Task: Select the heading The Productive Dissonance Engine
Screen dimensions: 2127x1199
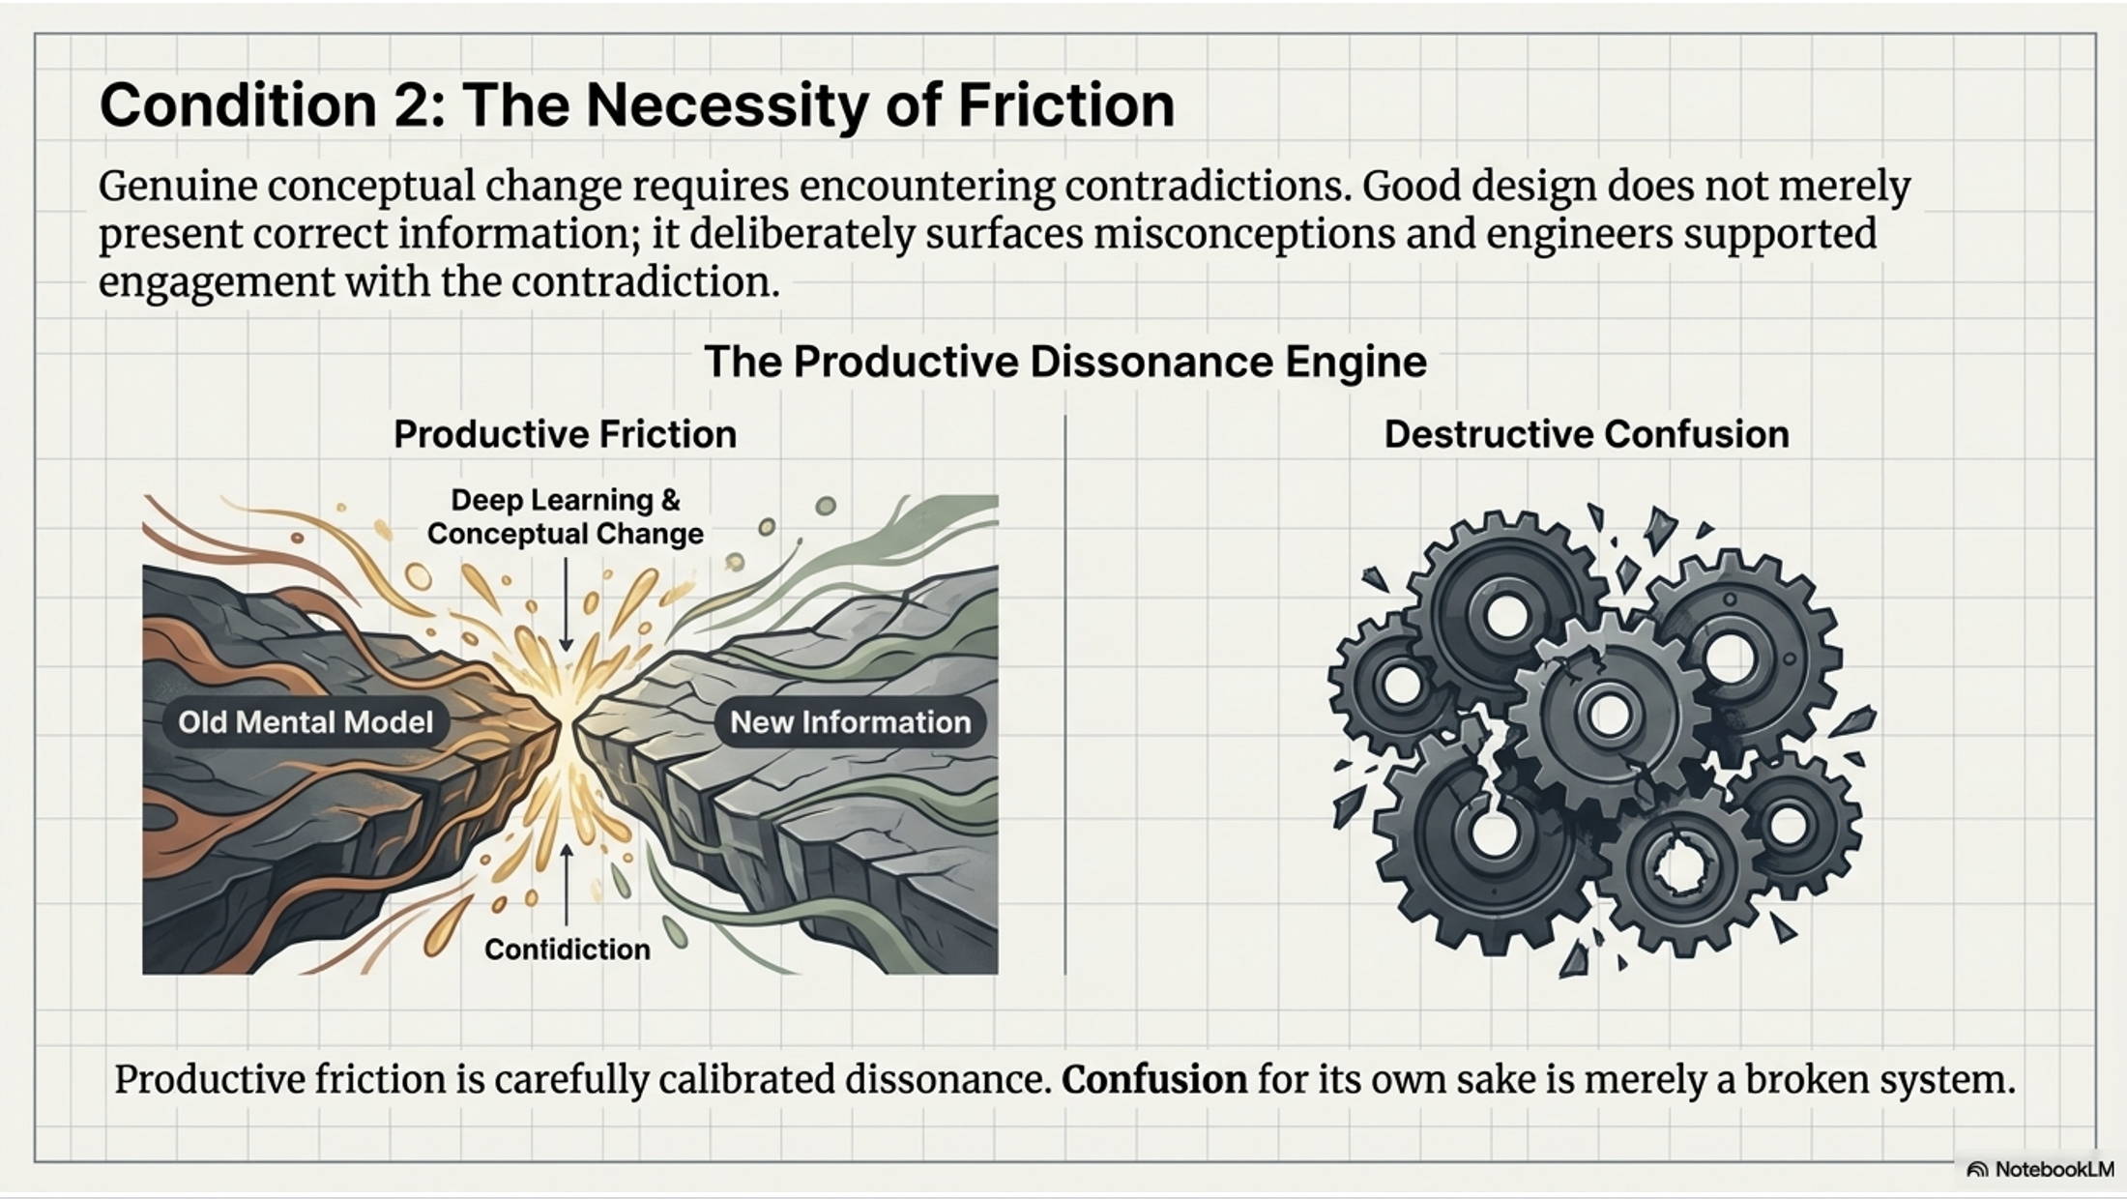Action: click(x=1064, y=362)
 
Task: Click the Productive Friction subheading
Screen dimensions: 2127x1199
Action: click(x=565, y=434)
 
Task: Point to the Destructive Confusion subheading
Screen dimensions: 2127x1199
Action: click(x=1586, y=434)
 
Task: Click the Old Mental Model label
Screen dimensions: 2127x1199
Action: click(x=306, y=722)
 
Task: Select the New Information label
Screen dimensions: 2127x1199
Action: click(x=850, y=722)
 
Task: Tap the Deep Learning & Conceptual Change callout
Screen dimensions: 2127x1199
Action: click(x=566, y=516)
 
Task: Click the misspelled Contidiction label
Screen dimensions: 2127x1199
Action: click(x=567, y=950)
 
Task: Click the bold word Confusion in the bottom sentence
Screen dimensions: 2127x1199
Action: click(x=1154, y=1079)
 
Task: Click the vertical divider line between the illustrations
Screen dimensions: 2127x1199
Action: click(x=1064, y=696)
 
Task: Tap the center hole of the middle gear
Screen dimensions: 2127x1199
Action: click(x=1609, y=715)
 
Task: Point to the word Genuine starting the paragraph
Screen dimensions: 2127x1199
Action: click(x=176, y=186)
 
